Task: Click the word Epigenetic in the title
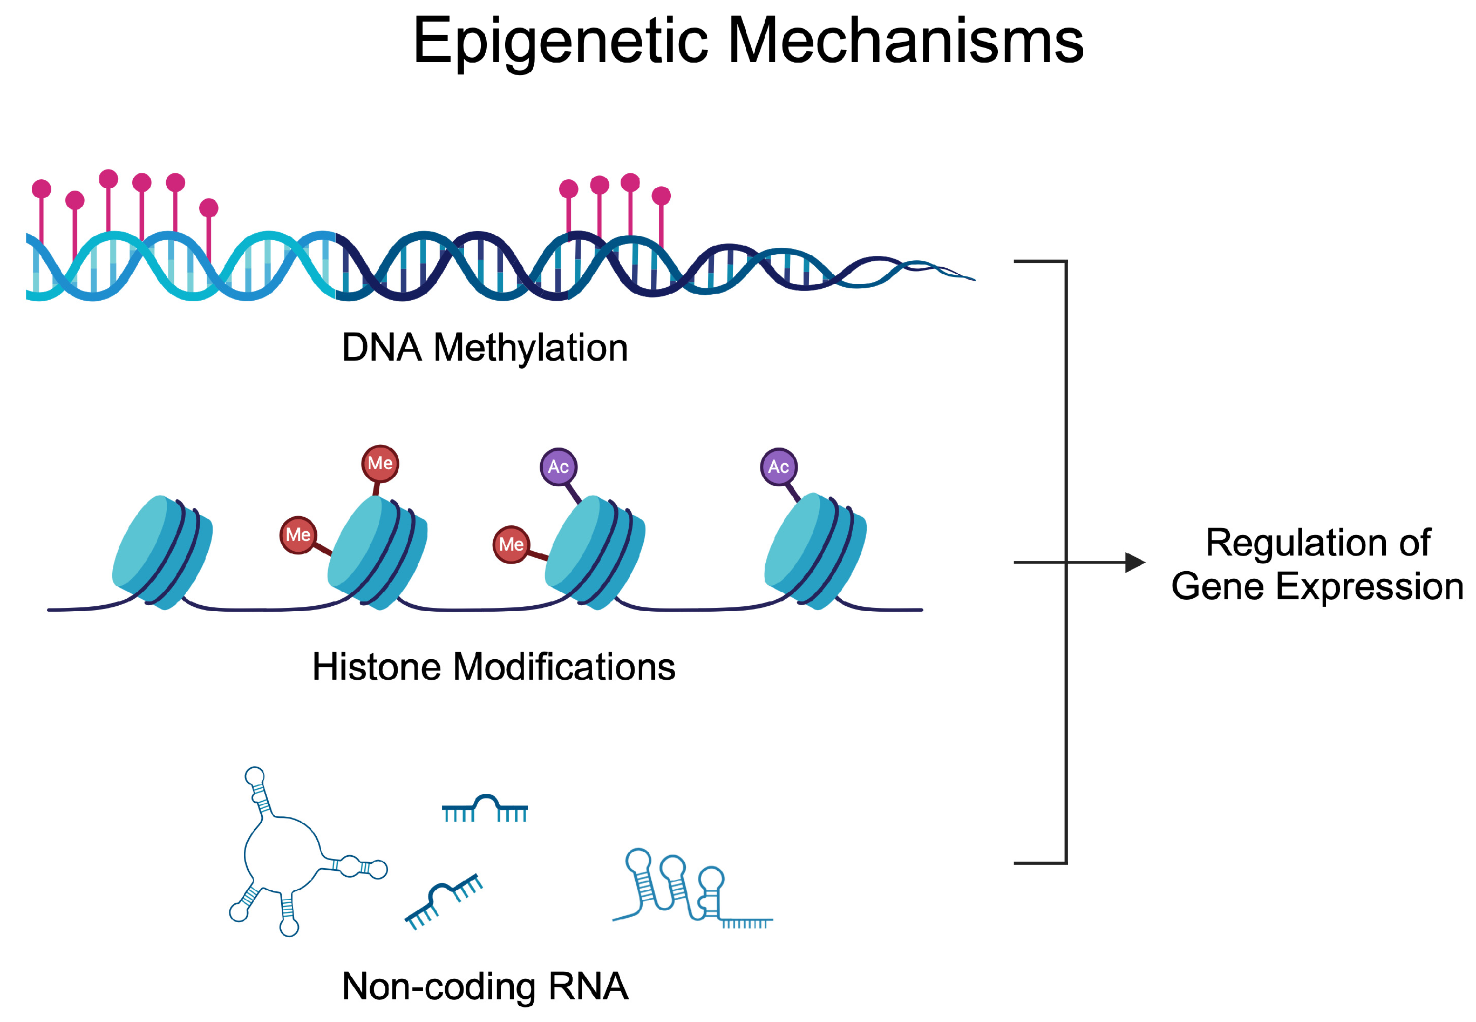pyautogui.click(x=560, y=42)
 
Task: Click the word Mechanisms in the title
pyautogui.click(x=905, y=42)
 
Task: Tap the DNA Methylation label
pyautogui.click(x=485, y=348)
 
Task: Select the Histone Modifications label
pyautogui.click(x=493, y=667)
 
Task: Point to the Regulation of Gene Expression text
pyautogui.click(x=1317, y=564)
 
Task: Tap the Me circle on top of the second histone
pyautogui.click(x=380, y=463)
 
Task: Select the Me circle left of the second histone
pyautogui.click(x=298, y=534)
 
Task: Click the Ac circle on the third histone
pyautogui.click(x=558, y=467)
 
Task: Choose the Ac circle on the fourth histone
pyautogui.click(x=778, y=467)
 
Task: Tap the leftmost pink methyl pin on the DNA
pyautogui.click(x=42, y=189)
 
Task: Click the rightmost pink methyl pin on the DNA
pyautogui.click(x=661, y=196)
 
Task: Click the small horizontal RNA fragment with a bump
pyautogui.click(x=485, y=808)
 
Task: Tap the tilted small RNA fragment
pyautogui.click(x=443, y=899)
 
